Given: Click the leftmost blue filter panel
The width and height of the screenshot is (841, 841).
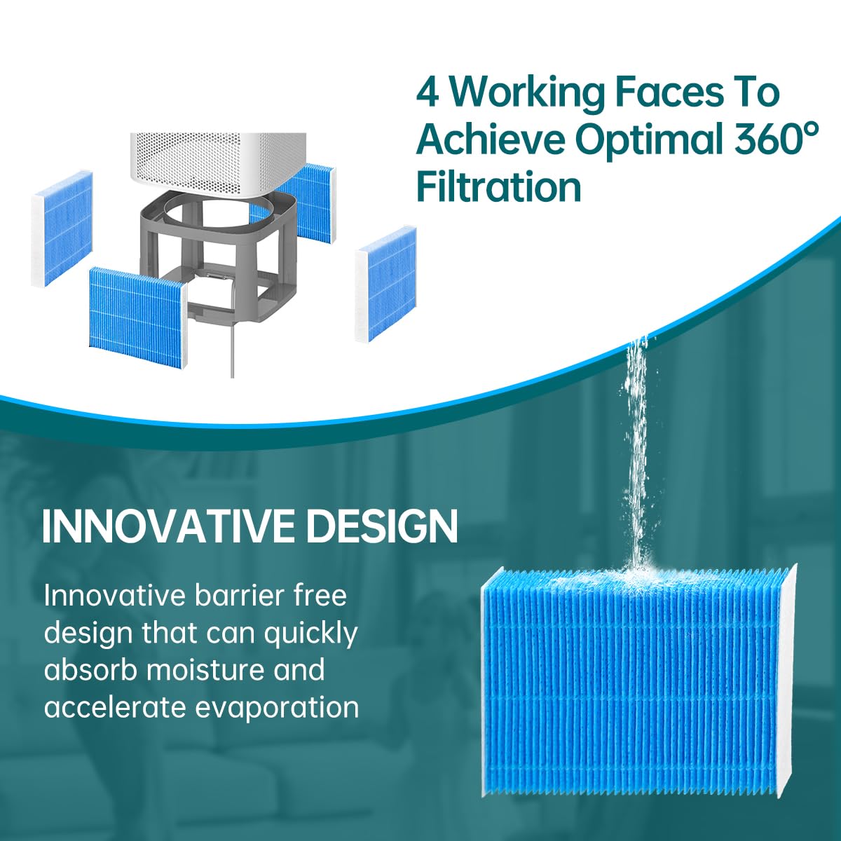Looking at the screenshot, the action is (x=62, y=229).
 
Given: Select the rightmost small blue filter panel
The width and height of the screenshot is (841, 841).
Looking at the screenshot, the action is (x=385, y=285).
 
